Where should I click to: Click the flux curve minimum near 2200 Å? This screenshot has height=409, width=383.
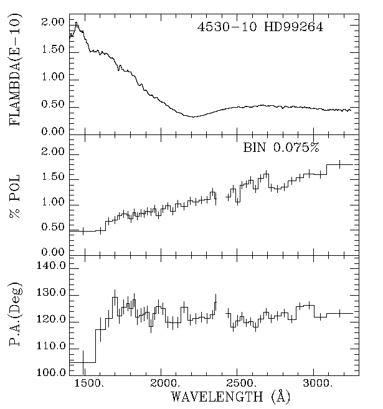[x=194, y=116]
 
